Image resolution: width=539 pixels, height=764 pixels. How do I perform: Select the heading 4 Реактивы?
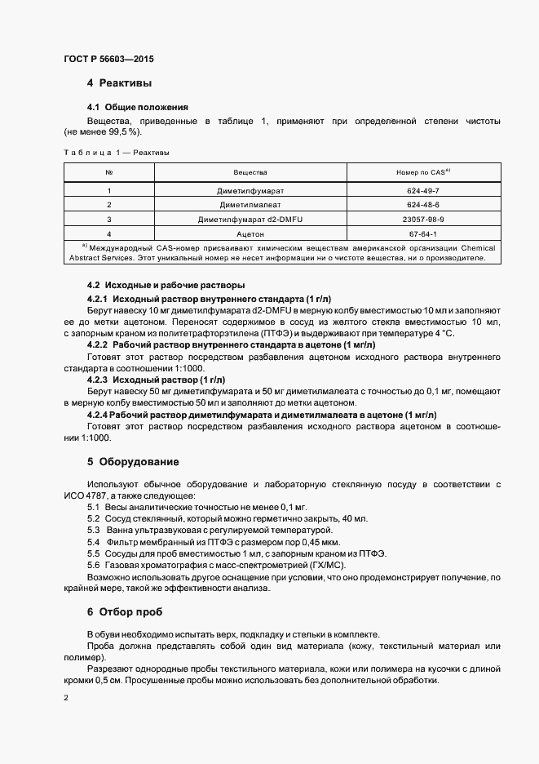pyautogui.click(x=119, y=83)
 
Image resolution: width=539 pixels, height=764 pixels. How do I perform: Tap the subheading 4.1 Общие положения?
pyautogui.click(x=137, y=107)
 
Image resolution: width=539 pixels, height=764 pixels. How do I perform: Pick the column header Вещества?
pyautogui.click(x=250, y=173)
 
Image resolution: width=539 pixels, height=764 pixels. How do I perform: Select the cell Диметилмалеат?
pyautogui.click(x=250, y=205)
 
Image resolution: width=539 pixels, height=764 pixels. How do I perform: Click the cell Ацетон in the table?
pyautogui.click(x=250, y=234)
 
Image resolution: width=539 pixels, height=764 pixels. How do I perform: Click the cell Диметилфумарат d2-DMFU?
pyautogui.click(x=250, y=220)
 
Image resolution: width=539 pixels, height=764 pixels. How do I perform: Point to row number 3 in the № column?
pyautogui.click(x=109, y=220)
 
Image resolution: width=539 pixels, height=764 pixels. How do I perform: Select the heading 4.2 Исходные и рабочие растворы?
pyautogui.click(x=166, y=285)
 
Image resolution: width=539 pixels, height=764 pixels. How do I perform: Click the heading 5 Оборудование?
pyautogui.click(x=133, y=462)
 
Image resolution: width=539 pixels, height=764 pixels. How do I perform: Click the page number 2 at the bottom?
pyautogui.click(x=66, y=698)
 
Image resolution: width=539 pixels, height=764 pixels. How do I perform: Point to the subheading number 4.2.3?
pyautogui.click(x=97, y=380)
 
